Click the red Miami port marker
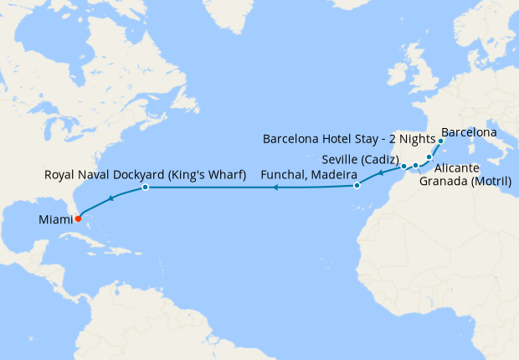pos(78,219)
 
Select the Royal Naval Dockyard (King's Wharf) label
pos(144,175)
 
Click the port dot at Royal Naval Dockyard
pos(145,188)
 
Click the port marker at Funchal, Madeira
pos(357,185)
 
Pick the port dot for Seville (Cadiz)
pos(403,166)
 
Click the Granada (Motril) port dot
pos(415,166)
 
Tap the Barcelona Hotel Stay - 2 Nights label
pos(349,138)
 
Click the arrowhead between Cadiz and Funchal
pos(381,173)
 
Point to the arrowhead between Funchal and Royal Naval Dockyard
pos(275,188)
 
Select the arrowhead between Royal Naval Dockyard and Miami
pos(110,198)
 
